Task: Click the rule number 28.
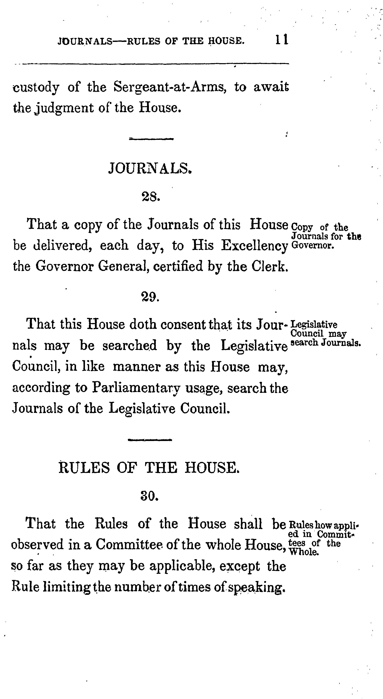tap(151, 197)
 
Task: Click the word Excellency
tap(255, 246)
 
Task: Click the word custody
tap(36, 87)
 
